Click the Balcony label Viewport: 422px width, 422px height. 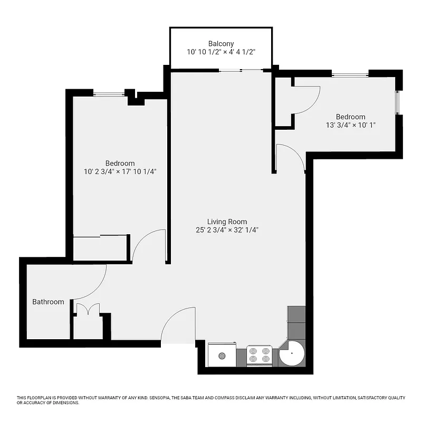click(x=220, y=43)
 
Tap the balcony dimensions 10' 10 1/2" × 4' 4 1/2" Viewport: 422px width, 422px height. click(x=220, y=52)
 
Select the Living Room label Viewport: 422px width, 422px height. click(x=227, y=222)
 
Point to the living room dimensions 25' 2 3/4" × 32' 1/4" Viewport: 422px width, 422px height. click(x=227, y=230)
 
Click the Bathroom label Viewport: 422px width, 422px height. click(x=48, y=302)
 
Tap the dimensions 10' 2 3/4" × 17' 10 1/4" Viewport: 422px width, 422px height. click(x=120, y=171)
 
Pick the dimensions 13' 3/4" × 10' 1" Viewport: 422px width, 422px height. click(x=350, y=125)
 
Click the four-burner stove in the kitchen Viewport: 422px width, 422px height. click(x=260, y=356)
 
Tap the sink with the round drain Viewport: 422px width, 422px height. click(x=222, y=356)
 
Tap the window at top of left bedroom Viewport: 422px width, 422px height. click(x=109, y=94)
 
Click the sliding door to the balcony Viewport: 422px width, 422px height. click(x=241, y=70)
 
